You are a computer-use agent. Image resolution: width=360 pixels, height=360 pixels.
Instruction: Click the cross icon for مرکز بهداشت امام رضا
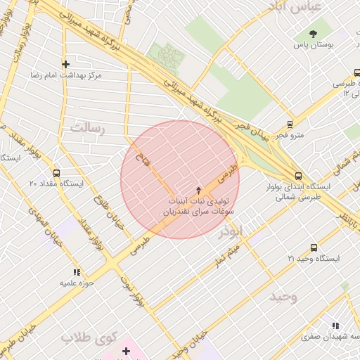[x=65, y=64]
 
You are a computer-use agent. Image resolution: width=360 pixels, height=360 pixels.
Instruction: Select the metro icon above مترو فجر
[x=290, y=124]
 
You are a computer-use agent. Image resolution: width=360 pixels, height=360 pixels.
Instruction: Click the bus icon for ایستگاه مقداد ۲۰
[x=56, y=173]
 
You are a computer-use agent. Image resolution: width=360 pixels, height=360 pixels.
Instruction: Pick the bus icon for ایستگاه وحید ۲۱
[x=314, y=248]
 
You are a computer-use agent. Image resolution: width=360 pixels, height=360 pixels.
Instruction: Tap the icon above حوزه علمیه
[x=76, y=271]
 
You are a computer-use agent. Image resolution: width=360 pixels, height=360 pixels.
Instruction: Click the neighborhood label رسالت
[x=87, y=129]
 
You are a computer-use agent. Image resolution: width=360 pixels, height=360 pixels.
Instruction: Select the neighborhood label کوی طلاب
[x=87, y=338]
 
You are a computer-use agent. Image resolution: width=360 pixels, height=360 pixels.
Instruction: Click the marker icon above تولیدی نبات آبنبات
[x=198, y=191]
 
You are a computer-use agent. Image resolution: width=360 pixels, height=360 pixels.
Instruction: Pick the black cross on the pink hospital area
[x=127, y=350]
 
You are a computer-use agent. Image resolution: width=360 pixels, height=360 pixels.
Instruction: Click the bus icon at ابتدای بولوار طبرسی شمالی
[x=298, y=176]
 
